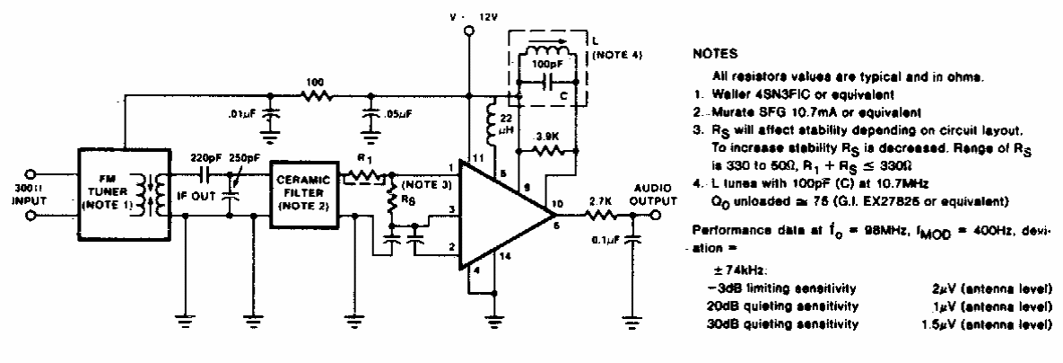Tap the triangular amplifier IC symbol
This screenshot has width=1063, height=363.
tap(498, 214)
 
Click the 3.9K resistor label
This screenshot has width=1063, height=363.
tap(548, 137)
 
